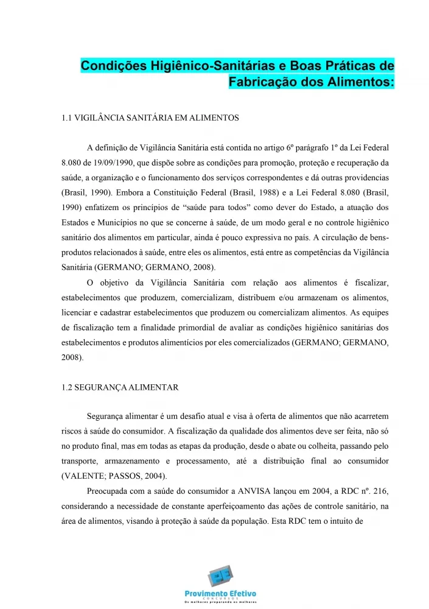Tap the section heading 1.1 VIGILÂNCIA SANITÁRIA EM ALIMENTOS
(150, 118)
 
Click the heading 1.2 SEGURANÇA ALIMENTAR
(120, 387)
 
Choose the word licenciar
(78, 312)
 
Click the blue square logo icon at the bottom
(219, 576)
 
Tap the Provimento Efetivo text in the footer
(220, 594)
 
